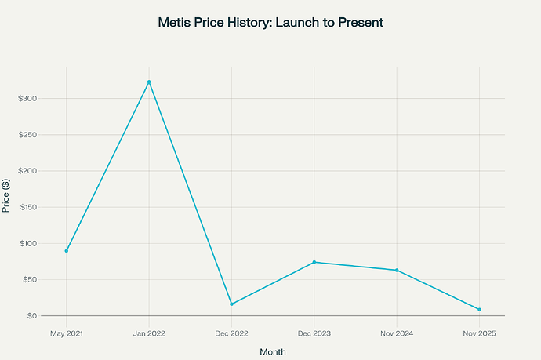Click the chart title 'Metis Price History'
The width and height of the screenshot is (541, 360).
pyautogui.click(x=270, y=23)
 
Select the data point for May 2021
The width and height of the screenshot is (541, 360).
pyautogui.click(x=67, y=251)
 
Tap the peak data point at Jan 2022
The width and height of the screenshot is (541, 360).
pyautogui.click(x=149, y=82)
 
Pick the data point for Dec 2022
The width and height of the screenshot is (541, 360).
pyautogui.click(x=231, y=304)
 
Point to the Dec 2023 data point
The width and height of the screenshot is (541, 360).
pyautogui.click(x=314, y=262)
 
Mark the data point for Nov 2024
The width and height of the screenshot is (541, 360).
pyautogui.click(x=397, y=271)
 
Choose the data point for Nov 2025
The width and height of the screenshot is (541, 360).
pyautogui.click(x=479, y=309)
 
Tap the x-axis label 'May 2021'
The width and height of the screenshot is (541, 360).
pyautogui.click(x=67, y=333)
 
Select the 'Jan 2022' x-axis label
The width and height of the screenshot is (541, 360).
pyautogui.click(x=149, y=333)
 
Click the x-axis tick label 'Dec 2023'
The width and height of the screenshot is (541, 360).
pyautogui.click(x=314, y=333)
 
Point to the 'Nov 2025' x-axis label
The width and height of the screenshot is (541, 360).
pyautogui.click(x=479, y=333)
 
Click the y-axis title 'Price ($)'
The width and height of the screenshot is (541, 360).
pyautogui.click(x=7, y=195)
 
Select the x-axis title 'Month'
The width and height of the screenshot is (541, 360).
pyautogui.click(x=273, y=352)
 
